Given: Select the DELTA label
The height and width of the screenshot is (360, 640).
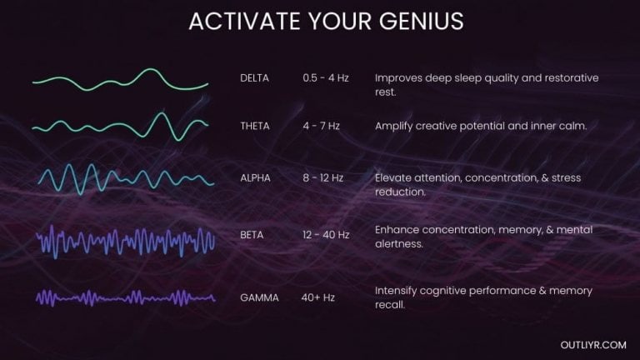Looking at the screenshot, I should (x=254, y=77).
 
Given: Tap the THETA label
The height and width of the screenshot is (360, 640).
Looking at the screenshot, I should (x=255, y=126).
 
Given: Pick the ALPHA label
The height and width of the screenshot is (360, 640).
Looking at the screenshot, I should (x=255, y=177).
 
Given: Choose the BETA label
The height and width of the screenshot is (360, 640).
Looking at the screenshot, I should (x=251, y=235).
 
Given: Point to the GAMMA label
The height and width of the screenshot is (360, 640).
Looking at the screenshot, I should (x=258, y=297).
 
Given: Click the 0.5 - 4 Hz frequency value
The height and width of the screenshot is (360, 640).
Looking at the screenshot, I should (x=326, y=77).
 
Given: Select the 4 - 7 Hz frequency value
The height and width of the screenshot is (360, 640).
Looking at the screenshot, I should (x=322, y=126).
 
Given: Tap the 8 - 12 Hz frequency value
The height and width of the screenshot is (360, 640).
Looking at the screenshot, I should (x=323, y=177).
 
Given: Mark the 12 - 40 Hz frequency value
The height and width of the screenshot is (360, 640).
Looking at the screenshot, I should (x=326, y=235).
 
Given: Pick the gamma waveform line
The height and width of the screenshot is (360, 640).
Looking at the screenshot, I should (x=125, y=297).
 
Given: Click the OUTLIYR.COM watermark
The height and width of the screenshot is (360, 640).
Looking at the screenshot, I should (x=594, y=342).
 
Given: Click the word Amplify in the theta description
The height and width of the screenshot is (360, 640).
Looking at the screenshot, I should (x=394, y=126).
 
